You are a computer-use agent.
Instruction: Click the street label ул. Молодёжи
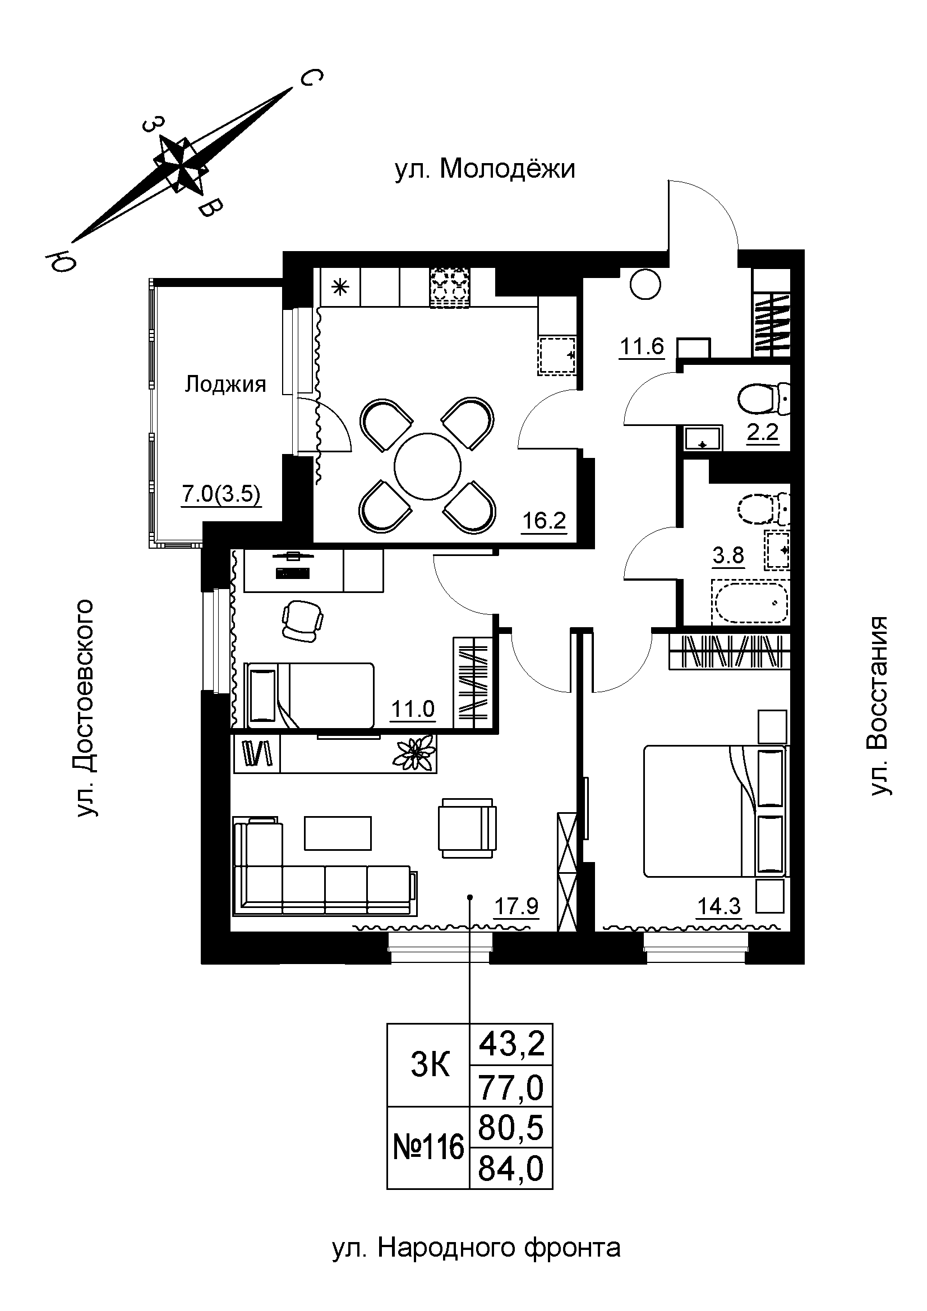coord(485,169)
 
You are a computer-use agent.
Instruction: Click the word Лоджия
coord(225,385)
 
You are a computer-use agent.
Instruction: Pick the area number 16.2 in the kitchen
coord(544,520)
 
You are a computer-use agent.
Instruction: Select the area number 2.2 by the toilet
coord(763,432)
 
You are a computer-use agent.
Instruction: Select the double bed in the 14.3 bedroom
coord(714,811)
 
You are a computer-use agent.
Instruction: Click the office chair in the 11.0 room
coord(302,620)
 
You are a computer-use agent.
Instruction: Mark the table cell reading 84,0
coord(511,1168)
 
